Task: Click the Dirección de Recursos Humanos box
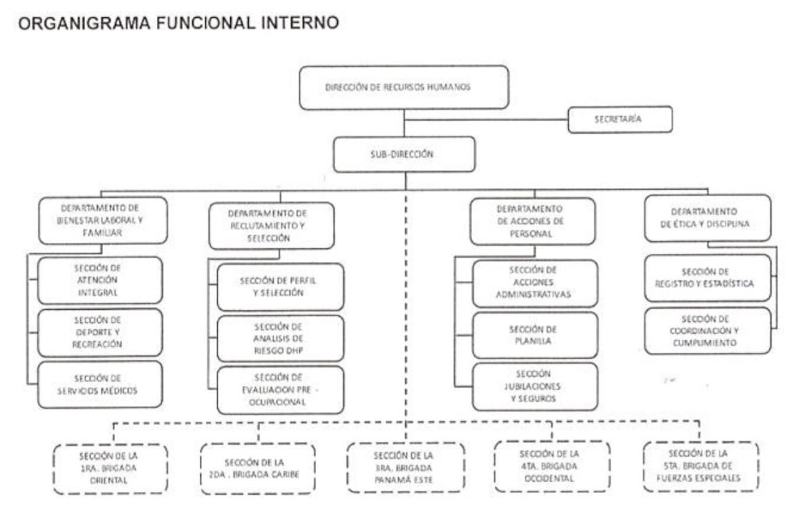point(403,87)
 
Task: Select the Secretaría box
point(620,119)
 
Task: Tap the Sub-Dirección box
point(403,155)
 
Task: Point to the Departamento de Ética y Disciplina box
point(708,218)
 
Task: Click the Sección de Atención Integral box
point(100,279)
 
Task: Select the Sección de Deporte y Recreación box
point(100,333)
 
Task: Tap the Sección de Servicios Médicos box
point(100,384)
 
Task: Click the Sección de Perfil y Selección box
point(279,286)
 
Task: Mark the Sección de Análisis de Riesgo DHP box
point(279,339)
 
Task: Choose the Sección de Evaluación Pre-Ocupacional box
point(279,390)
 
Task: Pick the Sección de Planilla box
point(534,335)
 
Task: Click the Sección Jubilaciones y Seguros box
point(534,386)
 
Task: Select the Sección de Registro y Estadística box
point(707,278)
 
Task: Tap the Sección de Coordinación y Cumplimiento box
point(707,330)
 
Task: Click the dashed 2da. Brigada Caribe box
point(257,468)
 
